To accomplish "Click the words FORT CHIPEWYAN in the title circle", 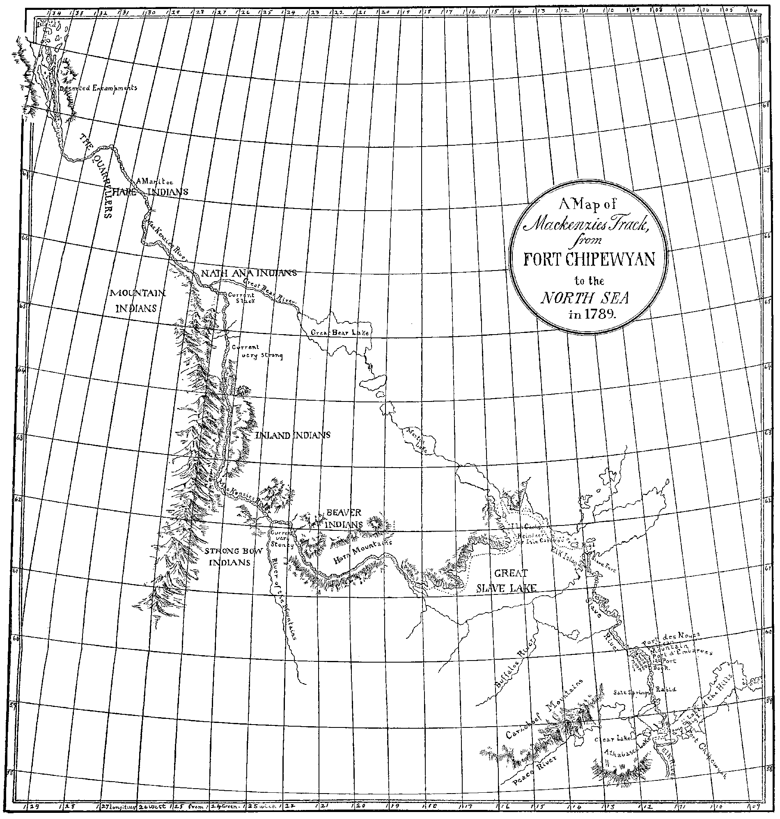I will pyautogui.click(x=589, y=259).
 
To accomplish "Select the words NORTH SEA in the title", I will pyautogui.click(x=585, y=298).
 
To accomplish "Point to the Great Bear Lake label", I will pyautogui.click(x=340, y=333).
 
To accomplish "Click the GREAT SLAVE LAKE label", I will pyautogui.click(x=507, y=581).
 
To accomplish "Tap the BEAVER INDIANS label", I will pyautogui.click(x=344, y=519).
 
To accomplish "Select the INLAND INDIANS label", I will pyautogui.click(x=293, y=435).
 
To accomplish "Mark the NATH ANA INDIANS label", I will pyautogui.click(x=249, y=273).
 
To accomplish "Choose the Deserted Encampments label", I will pyautogui.click(x=98, y=88).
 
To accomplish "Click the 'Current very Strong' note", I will pyautogui.click(x=257, y=351).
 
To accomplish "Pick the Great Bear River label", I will pyautogui.click(x=269, y=291).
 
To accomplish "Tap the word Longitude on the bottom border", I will pyautogui.click(x=123, y=806).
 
